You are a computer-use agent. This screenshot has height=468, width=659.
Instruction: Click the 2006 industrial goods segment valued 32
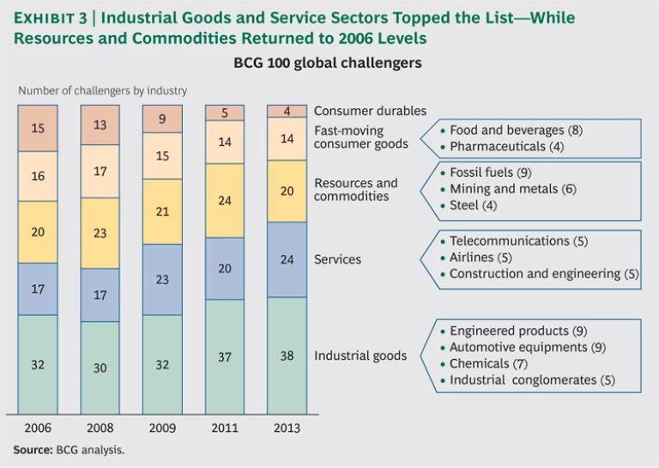[x=38, y=364]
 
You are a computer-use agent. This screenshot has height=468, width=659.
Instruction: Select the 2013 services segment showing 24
[x=287, y=259]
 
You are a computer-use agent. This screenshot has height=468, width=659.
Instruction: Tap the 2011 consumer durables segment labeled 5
[x=225, y=112]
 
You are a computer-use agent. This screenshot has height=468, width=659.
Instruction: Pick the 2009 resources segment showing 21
[x=162, y=211]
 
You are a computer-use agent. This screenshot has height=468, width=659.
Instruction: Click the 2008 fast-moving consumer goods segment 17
[x=100, y=172]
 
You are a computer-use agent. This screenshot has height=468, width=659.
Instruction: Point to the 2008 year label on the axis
[x=100, y=428]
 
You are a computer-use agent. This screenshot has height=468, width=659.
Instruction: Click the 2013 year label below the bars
[x=287, y=428]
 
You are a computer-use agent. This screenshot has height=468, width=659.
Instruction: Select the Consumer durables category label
[x=370, y=112]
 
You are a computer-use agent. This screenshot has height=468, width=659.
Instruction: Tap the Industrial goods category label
[x=360, y=356]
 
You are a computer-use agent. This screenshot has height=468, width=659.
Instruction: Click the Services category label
[x=338, y=259]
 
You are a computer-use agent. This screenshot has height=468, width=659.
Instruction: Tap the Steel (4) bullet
[x=473, y=205]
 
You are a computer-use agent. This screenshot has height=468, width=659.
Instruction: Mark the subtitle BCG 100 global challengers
[x=328, y=64]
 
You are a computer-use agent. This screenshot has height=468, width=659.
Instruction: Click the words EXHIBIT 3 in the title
[x=52, y=18]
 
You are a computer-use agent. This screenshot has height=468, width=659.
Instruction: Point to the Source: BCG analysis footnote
[x=69, y=450]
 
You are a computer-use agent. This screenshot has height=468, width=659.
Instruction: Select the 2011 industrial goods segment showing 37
[x=225, y=356]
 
